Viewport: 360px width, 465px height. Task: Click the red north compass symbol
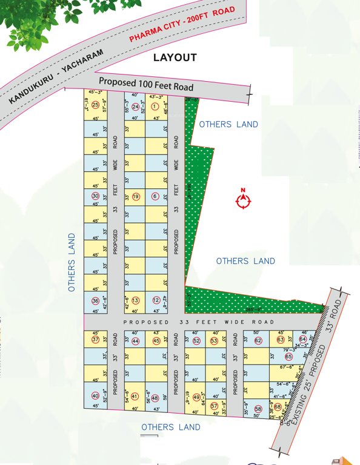coord(242,200)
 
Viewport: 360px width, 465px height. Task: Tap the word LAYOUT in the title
coord(175,58)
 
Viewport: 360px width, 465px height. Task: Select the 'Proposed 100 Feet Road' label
coord(146,84)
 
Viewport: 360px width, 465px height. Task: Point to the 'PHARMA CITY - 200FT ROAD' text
coord(182,25)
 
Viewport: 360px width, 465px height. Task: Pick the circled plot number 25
coord(95,105)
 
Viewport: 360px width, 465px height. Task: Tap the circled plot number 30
coord(95,196)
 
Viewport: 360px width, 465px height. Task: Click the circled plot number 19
coord(136,196)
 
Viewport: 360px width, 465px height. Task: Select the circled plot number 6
coord(155,196)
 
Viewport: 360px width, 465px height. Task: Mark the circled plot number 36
coord(95,301)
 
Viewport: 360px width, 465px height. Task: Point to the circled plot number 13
coord(136,301)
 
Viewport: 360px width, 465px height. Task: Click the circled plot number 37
coord(95,340)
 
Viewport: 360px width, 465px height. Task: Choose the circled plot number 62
coord(258,340)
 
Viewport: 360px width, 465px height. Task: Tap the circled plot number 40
coord(95,396)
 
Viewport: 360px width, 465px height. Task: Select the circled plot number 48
coord(155,398)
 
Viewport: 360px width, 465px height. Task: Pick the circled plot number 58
coord(258,409)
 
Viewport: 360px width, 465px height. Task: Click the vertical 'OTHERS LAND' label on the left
coord(71,262)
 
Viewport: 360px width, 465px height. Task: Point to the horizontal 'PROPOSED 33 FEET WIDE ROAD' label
coord(199,322)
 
